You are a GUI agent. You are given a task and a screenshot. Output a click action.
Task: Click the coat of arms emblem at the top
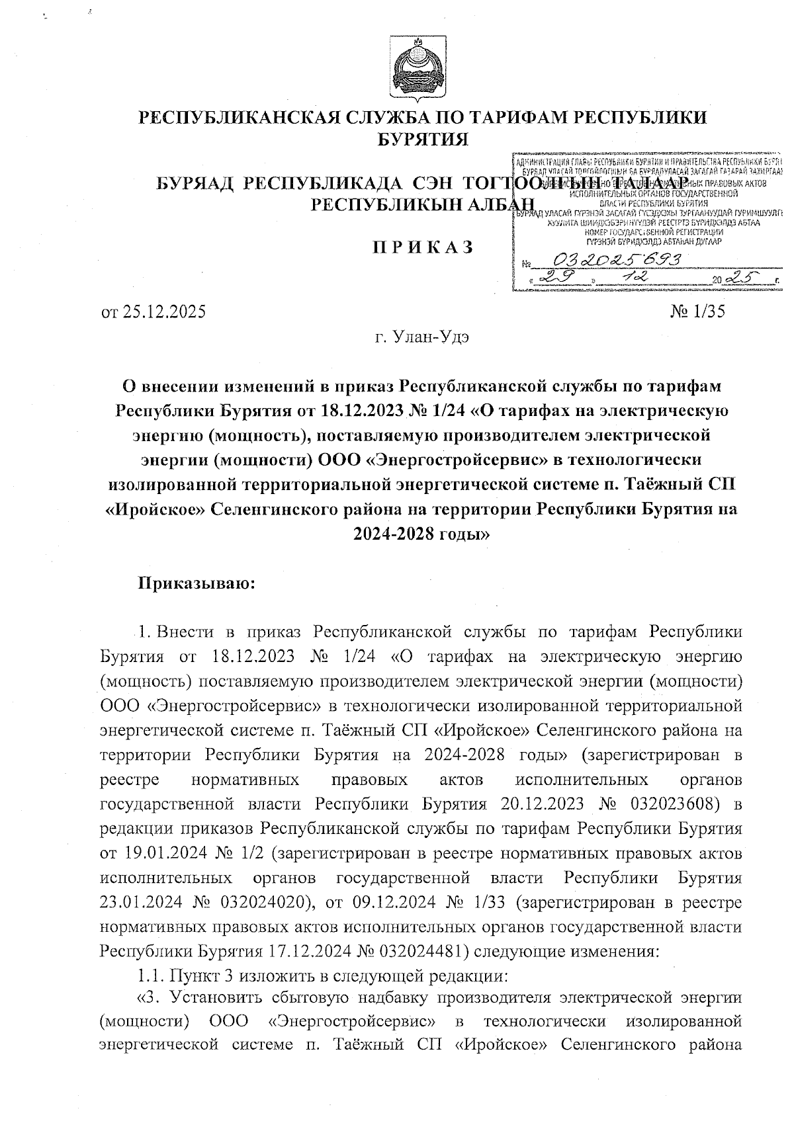tap(416, 68)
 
